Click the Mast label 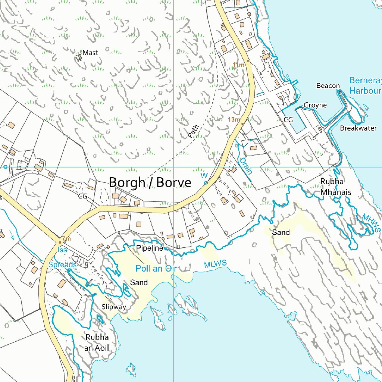click(90, 53)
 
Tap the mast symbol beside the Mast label click(79, 57)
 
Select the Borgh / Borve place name click(150, 183)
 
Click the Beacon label click(328, 86)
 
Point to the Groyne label click(315, 105)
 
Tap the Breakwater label click(358, 128)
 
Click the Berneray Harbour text click(365, 85)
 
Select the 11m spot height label click(238, 65)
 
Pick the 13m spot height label click(234, 120)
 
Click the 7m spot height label click(66, 239)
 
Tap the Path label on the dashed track click(194, 131)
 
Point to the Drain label click(246, 166)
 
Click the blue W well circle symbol click(206, 182)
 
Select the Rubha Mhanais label click(336, 187)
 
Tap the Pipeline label click(150, 248)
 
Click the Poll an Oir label click(155, 269)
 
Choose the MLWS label click(215, 264)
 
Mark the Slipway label click(114, 307)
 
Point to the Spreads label click(62, 264)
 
